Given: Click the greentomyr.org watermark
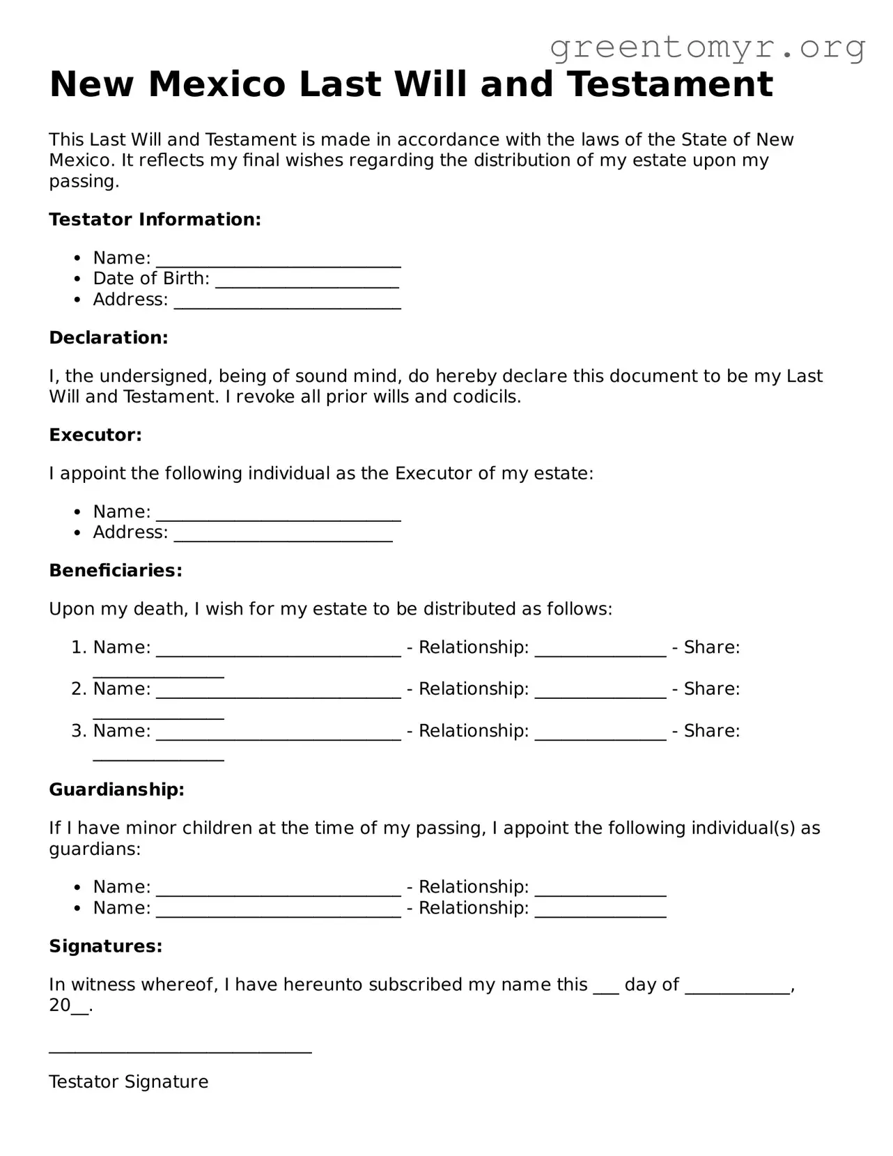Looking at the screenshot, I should point(707,47).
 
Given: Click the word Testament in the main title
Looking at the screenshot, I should point(670,84).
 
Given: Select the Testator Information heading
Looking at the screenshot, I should point(155,219).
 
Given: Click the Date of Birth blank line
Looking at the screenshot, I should point(307,280).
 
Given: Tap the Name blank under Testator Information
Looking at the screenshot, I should point(279,259).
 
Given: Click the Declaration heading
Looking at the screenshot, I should point(109,338).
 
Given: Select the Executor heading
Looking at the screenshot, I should point(95,436).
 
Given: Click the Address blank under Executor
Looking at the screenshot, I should point(283,534).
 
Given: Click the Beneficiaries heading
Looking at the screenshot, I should point(116,571).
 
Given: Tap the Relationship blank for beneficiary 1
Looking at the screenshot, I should point(600,649).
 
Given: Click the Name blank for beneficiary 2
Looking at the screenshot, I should point(279,691).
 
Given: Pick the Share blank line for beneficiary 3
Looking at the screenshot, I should point(159,753).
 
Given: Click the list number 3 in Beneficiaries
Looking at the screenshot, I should point(78,731).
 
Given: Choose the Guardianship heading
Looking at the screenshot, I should point(116,790).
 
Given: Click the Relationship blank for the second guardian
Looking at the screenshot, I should point(600,909).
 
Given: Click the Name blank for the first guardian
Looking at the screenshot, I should point(279,888).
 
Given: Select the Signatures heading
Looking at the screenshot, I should point(105,946).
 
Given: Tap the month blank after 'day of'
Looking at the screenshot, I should point(738,987).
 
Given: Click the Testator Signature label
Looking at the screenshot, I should point(129,1082).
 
